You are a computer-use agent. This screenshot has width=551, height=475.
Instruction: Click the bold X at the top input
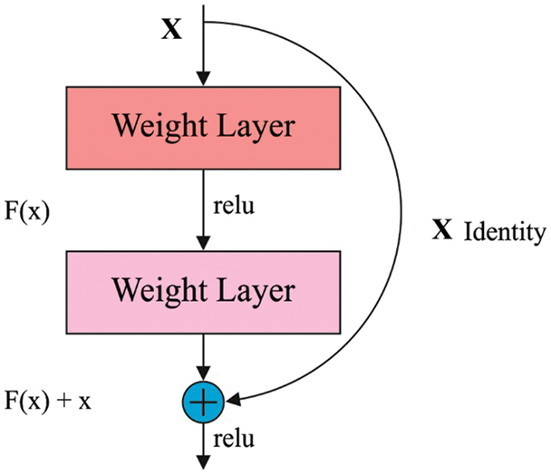pyautogui.click(x=171, y=30)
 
